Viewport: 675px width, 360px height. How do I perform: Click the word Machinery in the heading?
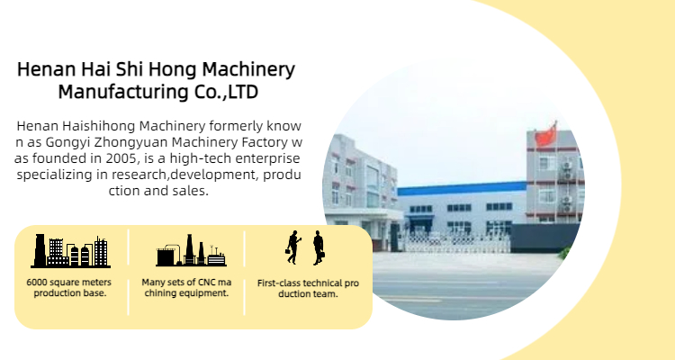click(x=248, y=69)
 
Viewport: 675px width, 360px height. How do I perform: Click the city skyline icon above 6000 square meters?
click(x=71, y=250)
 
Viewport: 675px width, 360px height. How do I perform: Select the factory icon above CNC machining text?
click(x=191, y=250)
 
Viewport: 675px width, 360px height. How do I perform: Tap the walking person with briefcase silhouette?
click(x=292, y=247)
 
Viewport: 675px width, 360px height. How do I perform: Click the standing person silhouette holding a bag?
click(x=318, y=247)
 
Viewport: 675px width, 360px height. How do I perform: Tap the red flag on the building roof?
click(x=546, y=135)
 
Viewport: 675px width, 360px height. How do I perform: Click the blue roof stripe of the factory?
click(x=462, y=189)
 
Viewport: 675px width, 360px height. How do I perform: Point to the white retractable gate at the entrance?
click(x=456, y=242)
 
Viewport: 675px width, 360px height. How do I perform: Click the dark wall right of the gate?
click(x=544, y=238)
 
